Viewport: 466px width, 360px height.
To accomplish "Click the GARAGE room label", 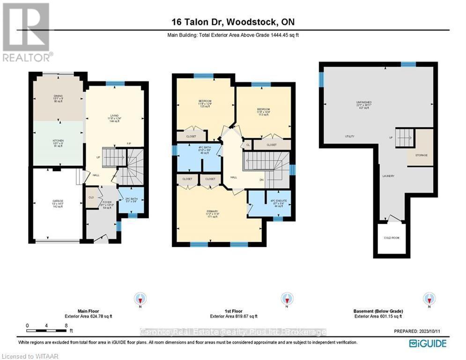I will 58,201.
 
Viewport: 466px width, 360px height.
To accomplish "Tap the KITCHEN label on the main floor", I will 58,140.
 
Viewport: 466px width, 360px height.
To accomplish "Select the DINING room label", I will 58,95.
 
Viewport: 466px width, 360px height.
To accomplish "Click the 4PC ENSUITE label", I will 279,201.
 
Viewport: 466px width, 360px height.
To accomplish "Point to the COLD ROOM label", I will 392,238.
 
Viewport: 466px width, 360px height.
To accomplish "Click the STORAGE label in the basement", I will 420,155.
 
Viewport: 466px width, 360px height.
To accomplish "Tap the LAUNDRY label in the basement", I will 388,176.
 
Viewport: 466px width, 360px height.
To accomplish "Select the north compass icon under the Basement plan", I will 429,298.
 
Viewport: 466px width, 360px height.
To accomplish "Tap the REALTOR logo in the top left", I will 27,32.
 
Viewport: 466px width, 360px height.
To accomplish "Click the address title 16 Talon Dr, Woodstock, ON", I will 233,22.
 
